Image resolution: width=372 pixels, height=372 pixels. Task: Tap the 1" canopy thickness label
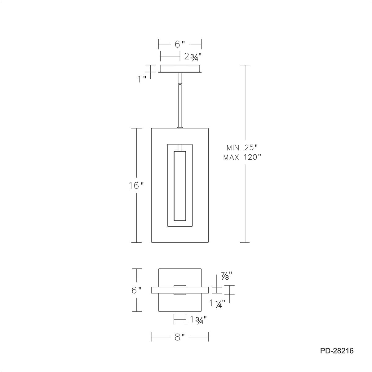click(x=142, y=79)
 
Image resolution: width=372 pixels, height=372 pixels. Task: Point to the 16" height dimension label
click(x=136, y=185)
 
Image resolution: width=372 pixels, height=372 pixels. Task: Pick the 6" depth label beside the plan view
click(x=136, y=290)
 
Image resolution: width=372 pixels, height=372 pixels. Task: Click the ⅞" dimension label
click(x=226, y=275)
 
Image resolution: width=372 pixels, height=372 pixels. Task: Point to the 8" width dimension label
click(x=179, y=337)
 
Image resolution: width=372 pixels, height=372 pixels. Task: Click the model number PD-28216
click(x=337, y=351)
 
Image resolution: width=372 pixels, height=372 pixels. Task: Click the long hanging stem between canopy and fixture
click(x=179, y=105)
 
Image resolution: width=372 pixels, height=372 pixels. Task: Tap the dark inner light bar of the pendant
click(x=180, y=186)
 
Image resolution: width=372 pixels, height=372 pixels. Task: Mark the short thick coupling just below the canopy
click(x=179, y=78)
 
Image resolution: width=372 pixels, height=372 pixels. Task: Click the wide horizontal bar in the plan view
click(x=179, y=290)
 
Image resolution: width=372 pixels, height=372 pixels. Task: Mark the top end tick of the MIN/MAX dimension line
click(x=245, y=65)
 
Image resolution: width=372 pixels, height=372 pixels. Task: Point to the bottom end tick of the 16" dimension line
click(x=136, y=242)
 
